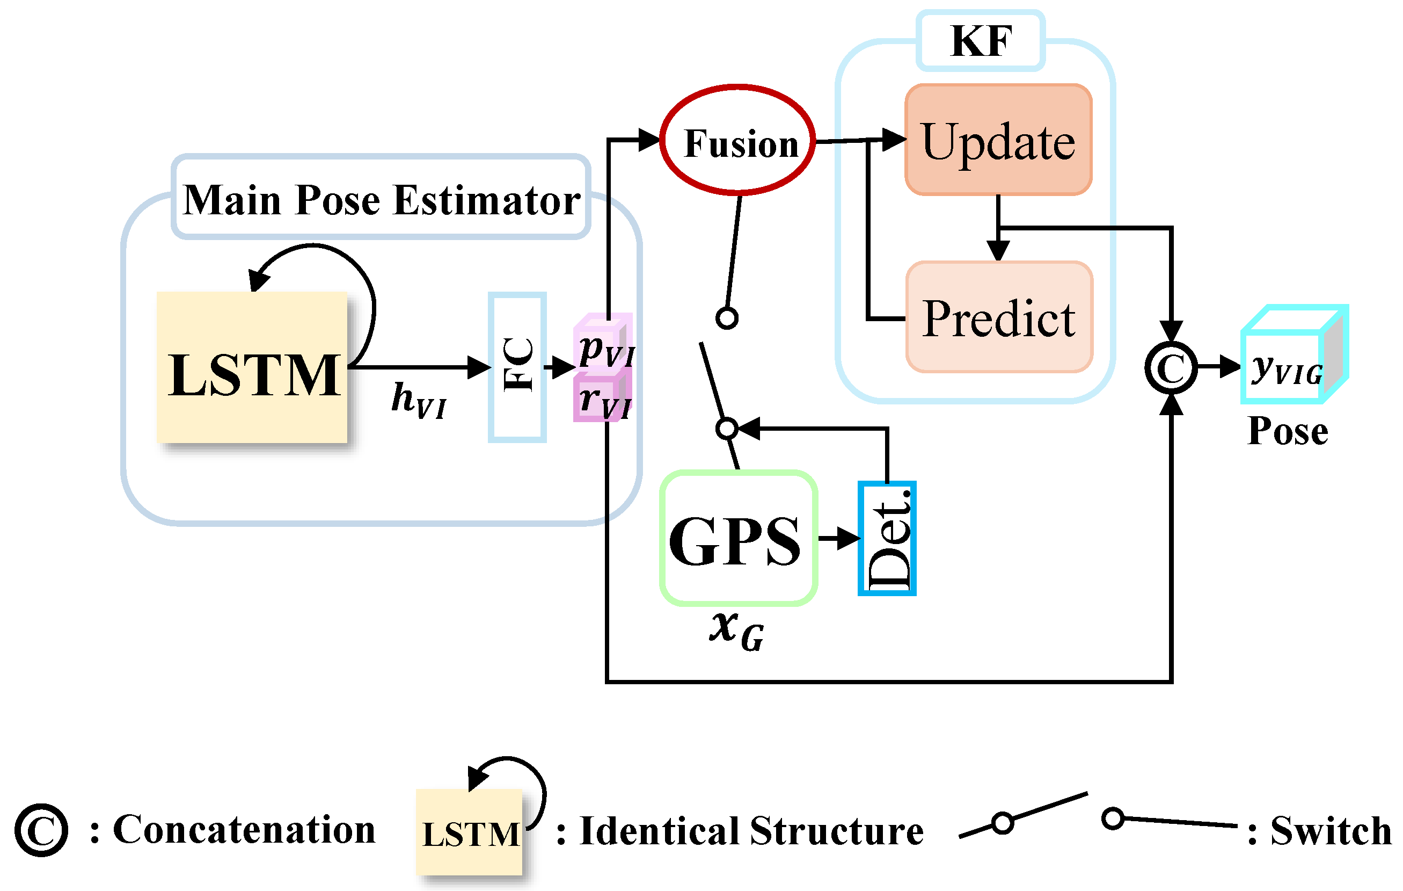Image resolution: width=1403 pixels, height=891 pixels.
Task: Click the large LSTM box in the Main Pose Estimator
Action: coord(252,367)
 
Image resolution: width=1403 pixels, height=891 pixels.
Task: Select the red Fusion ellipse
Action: coord(738,141)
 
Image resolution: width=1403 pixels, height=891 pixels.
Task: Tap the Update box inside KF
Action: coord(998,141)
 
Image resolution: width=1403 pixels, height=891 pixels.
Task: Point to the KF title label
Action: coord(981,41)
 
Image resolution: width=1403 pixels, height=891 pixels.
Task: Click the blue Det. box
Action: coord(887,538)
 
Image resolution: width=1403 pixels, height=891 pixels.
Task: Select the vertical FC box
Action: coord(517,367)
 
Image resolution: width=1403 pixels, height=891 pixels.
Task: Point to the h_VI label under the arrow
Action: coord(418,401)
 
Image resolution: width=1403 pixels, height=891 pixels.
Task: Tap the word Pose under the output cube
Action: coord(1288,431)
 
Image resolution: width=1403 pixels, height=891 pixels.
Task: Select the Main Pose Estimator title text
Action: coord(382,200)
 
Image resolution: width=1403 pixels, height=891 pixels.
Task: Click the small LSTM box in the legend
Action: coord(470,832)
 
